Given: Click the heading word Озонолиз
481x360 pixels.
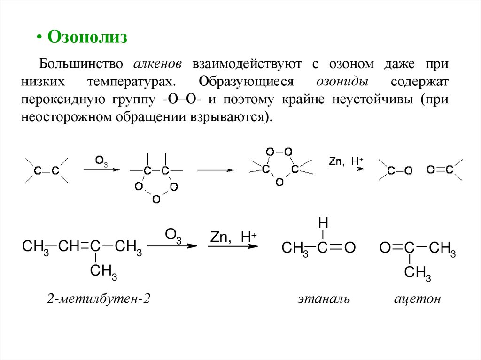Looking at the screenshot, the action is [88, 37].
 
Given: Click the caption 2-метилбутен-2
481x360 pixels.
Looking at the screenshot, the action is [98, 299].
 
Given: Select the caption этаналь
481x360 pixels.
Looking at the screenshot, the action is [323, 299].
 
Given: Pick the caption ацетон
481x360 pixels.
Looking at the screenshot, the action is [417, 299].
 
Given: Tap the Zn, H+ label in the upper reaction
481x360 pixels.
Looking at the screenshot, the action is [346, 161].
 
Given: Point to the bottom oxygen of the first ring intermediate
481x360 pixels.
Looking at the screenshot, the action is [156, 199].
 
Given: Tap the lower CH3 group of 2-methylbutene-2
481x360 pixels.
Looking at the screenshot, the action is [103, 271].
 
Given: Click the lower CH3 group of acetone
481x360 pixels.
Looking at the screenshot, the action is [417, 272].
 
